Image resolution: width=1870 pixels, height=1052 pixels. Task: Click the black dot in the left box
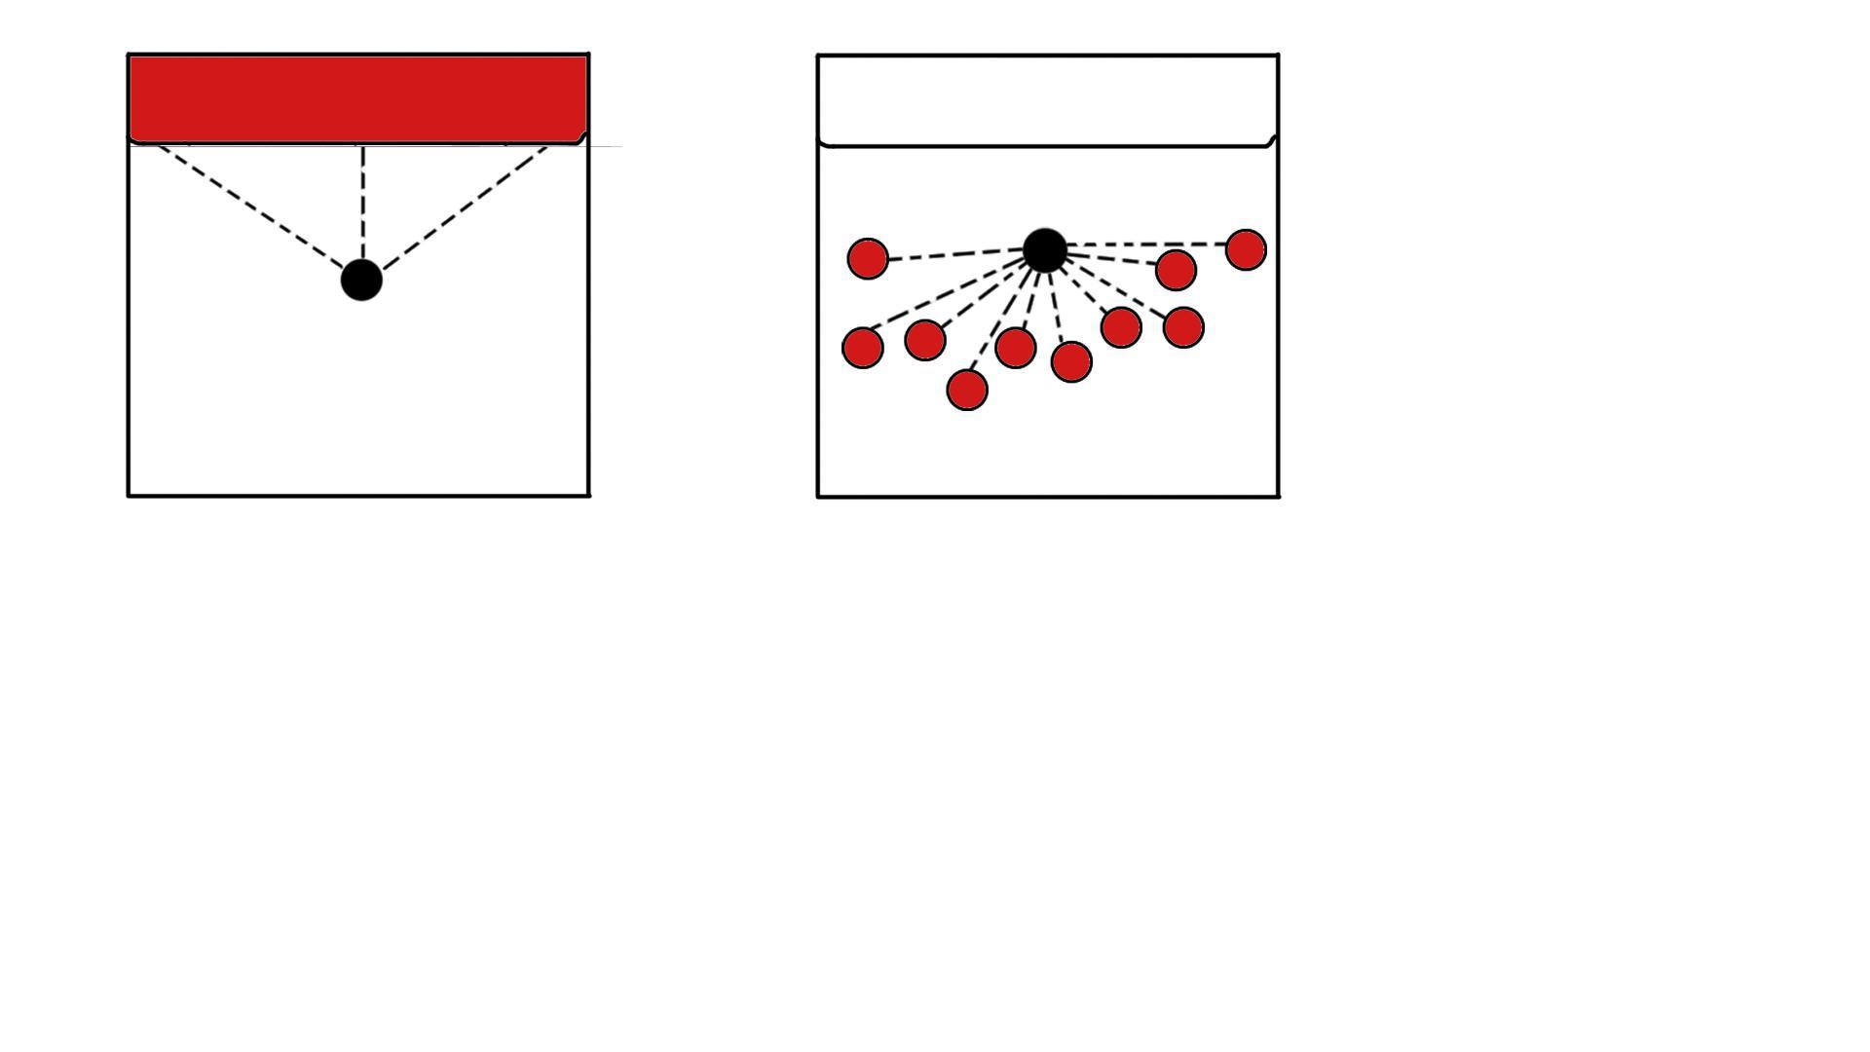point(361,280)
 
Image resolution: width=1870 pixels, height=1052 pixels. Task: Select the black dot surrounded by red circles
point(1045,250)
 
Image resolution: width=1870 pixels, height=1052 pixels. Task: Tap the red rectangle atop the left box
point(357,98)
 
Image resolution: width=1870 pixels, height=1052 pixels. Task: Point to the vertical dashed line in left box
point(362,200)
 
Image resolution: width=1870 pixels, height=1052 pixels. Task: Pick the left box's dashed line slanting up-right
point(466,207)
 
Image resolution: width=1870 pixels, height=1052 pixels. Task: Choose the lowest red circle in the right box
point(967,390)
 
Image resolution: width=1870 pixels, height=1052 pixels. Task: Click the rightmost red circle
point(1246,249)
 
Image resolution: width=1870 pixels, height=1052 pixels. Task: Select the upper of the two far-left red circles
point(868,259)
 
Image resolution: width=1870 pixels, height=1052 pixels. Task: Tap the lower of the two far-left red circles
point(863,347)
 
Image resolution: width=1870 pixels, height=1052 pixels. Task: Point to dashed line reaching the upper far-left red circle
point(954,254)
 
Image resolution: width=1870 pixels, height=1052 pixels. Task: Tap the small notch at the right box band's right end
point(1271,140)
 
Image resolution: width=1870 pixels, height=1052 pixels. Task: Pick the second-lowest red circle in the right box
point(1071,361)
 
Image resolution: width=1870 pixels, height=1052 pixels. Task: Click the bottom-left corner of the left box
point(129,496)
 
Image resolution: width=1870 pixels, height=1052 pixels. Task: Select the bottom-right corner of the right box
point(1278,497)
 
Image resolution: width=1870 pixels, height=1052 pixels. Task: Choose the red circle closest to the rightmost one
point(1176,270)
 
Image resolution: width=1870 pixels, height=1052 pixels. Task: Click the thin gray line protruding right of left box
point(606,146)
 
